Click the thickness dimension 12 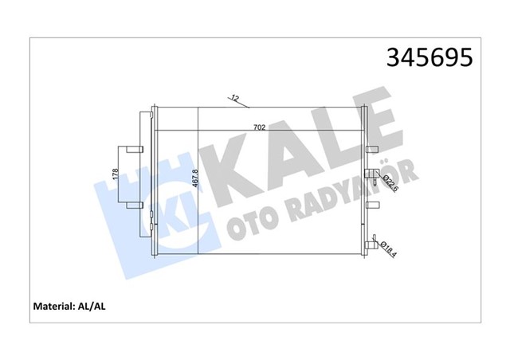[233, 98]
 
